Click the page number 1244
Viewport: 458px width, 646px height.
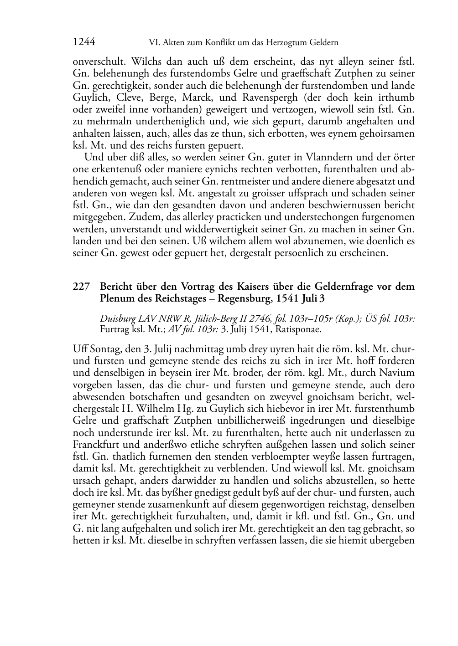coord(83,42)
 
